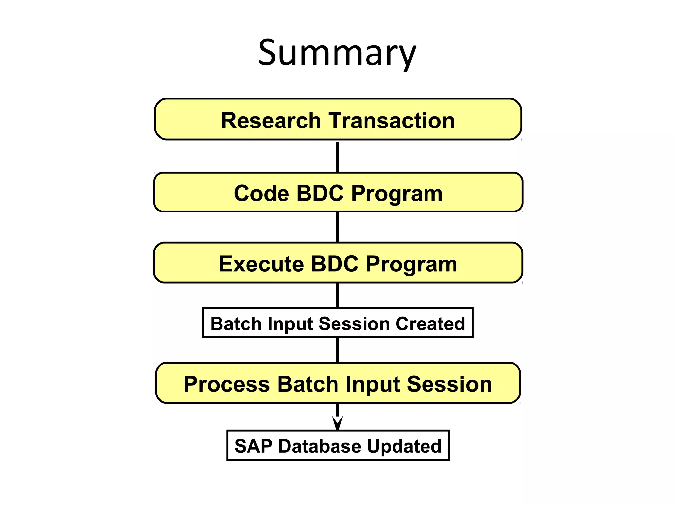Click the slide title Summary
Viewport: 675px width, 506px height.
click(x=337, y=53)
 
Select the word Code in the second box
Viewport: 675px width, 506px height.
click(x=262, y=193)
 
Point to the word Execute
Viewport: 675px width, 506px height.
click(x=261, y=264)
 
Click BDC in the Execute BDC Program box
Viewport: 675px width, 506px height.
click(x=335, y=264)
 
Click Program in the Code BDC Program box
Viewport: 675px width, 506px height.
click(x=397, y=194)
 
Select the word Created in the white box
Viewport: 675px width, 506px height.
click(x=430, y=323)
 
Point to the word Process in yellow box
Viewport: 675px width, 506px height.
click(x=227, y=384)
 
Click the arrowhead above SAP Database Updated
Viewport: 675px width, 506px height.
click(x=337, y=423)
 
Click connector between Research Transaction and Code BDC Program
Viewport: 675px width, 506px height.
click(x=337, y=156)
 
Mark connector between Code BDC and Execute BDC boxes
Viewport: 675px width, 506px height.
click(x=337, y=227)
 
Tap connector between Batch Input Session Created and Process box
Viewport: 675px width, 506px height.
click(x=337, y=350)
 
